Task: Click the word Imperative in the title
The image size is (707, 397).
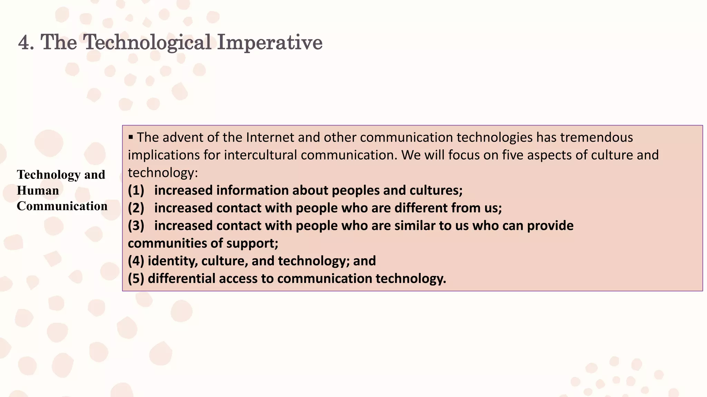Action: [x=270, y=43]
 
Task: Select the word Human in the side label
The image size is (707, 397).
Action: [x=38, y=191]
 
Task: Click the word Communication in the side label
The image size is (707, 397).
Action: [x=62, y=206]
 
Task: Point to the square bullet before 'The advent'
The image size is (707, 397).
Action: [x=130, y=138]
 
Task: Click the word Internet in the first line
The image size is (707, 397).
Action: [x=270, y=138]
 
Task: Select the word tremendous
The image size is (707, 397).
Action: [x=596, y=138]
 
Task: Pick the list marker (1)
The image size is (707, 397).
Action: [x=136, y=191]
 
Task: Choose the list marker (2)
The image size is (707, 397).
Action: [x=136, y=208]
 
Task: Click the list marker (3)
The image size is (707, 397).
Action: [x=136, y=226]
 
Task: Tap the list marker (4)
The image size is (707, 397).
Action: [x=136, y=261]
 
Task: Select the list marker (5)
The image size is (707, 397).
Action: [x=136, y=278]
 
